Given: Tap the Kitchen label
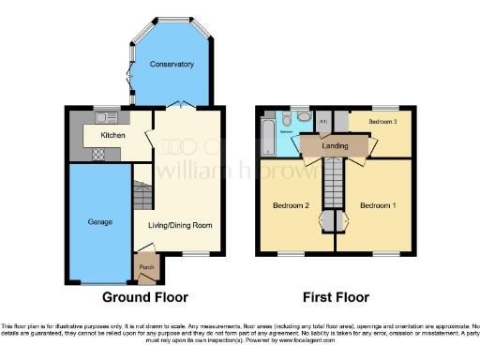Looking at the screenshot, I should (112, 134).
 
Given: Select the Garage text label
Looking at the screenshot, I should (100, 222).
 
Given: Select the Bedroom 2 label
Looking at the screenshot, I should (291, 205).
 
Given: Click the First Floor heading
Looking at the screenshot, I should (336, 297).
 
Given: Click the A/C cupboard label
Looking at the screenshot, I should (323, 122).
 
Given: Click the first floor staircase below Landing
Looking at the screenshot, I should (335, 185).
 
